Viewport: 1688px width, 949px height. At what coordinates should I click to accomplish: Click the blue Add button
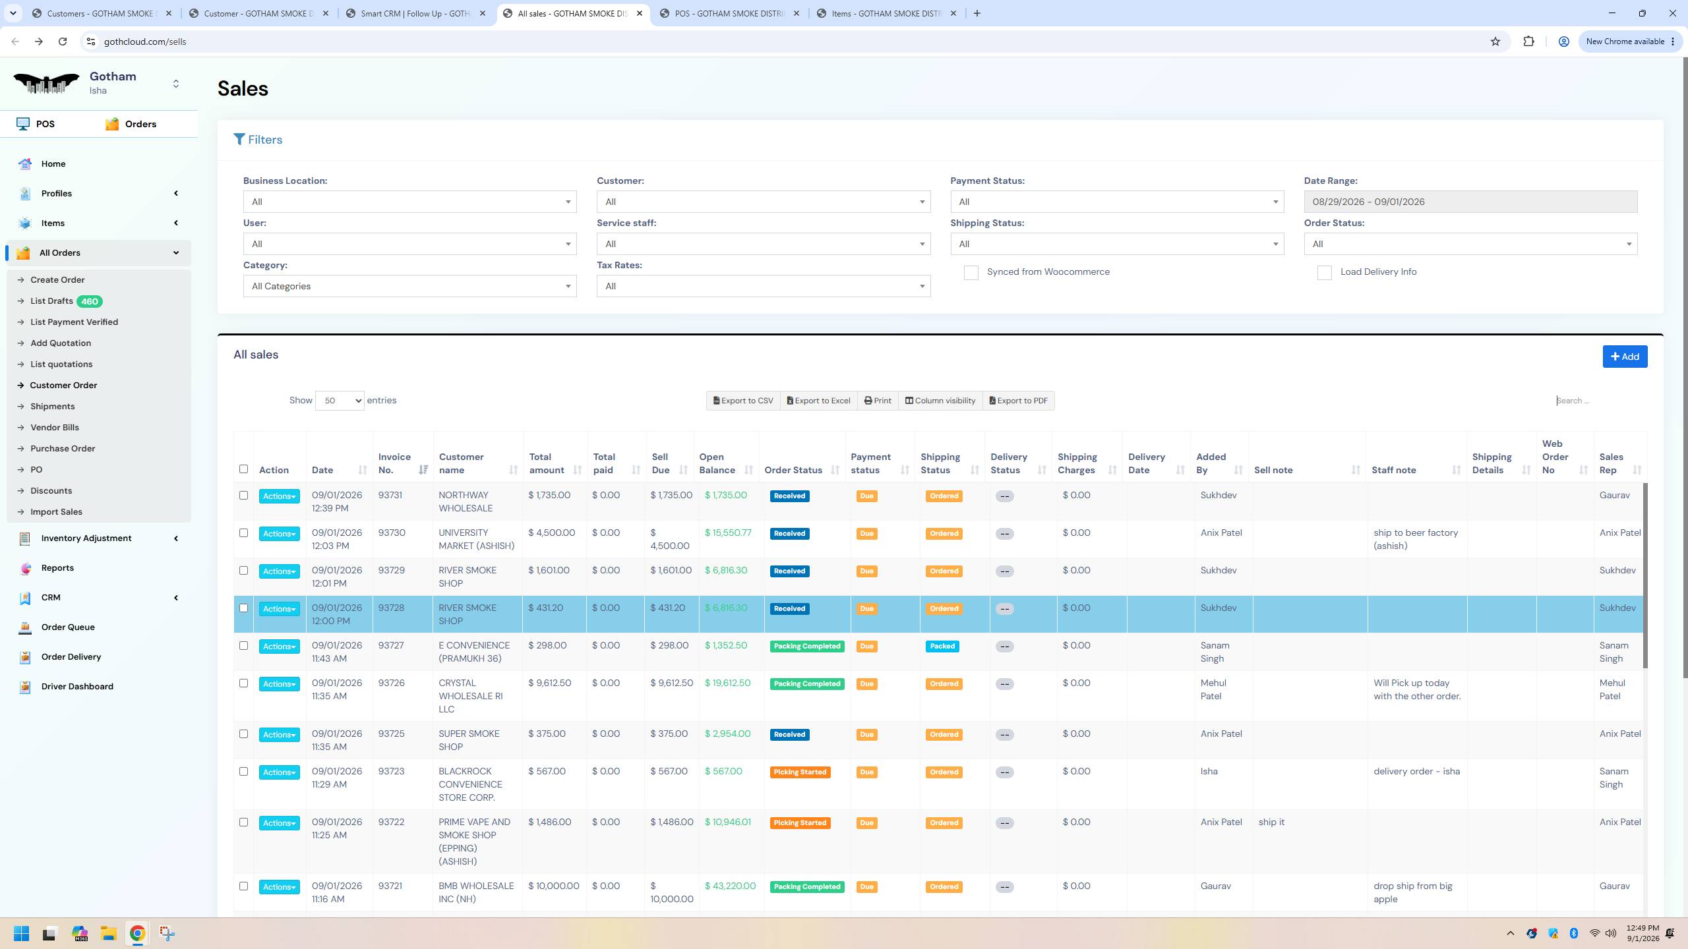(x=1625, y=357)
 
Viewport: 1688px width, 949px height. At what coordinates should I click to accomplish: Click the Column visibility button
(x=940, y=401)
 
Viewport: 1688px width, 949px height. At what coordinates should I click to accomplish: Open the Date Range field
(x=1470, y=202)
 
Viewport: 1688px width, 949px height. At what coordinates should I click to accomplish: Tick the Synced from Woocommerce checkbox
(x=971, y=273)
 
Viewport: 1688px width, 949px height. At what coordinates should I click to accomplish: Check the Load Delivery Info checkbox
(x=1324, y=273)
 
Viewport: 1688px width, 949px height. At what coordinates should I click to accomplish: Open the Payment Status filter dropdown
(x=1117, y=202)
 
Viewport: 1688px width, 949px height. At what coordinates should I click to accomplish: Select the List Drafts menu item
(x=51, y=301)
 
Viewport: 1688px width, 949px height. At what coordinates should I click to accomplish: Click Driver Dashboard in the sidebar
(x=77, y=687)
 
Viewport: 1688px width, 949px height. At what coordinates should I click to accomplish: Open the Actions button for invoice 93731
(x=279, y=496)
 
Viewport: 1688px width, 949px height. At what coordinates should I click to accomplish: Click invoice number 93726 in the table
(x=392, y=683)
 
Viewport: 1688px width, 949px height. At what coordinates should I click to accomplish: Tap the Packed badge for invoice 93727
(x=942, y=647)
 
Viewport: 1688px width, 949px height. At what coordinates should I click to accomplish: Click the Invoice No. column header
(x=394, y=463)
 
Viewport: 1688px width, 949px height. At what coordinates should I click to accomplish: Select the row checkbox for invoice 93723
(x=243, y=772)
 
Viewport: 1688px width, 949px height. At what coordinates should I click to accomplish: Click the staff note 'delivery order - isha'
(x=1416, y=772)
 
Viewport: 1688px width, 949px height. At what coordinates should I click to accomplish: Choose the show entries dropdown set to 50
(x=340, y=401)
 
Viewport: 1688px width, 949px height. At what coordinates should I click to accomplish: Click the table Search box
(x=1598, y=401)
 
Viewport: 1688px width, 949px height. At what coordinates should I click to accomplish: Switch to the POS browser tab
(x=730, y=13)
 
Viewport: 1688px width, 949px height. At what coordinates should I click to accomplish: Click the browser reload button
(x=63, y=42)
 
